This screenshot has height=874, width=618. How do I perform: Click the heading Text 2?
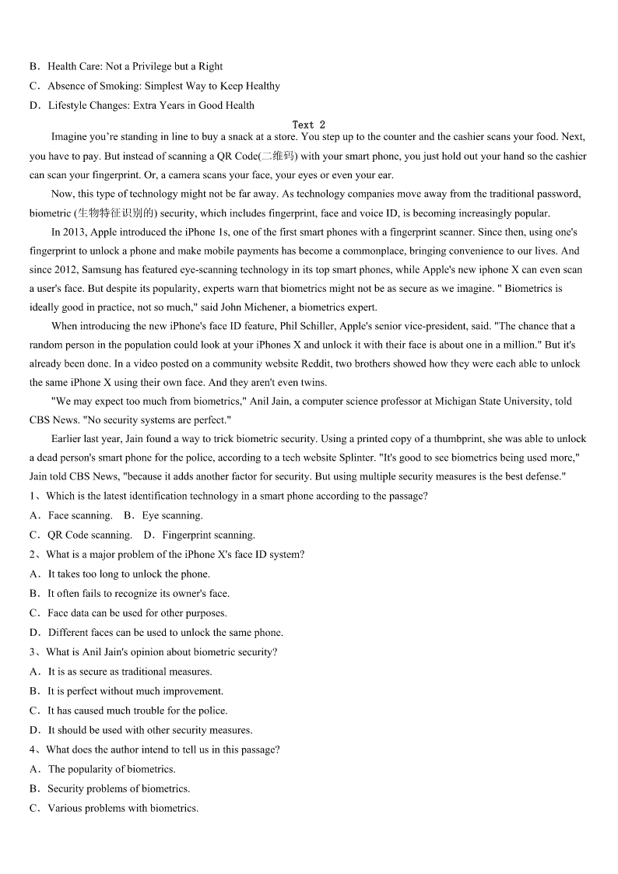[x=309, y=125]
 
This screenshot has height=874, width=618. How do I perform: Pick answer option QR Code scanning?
[x=90, y=535]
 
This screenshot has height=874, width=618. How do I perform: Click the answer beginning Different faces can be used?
[x=165, y=632]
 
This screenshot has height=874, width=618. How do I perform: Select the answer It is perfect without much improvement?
[x=135, y=690]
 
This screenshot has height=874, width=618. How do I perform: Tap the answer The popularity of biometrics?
[x=111, y=769]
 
